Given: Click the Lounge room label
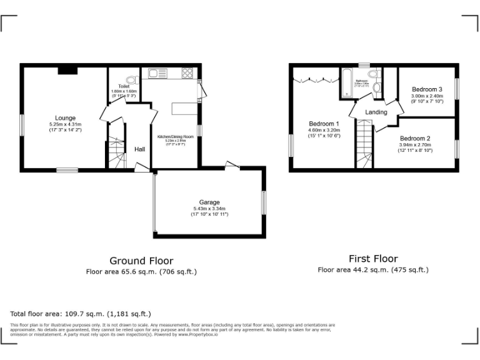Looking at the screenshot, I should coord(65,118).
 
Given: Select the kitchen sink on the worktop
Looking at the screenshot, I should coord(157,73).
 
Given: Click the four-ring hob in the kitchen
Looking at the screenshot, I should coord(187,73).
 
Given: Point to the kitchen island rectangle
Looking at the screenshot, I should coord(184,109).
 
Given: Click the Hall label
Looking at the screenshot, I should coord(140,149).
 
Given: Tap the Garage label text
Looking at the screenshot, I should coord(209,202).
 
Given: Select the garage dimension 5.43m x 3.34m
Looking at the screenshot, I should coord(209,209).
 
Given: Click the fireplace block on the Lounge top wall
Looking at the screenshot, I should coord(67,70).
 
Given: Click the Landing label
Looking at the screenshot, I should coord(376,112).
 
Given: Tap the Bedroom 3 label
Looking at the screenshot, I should coord(427,89).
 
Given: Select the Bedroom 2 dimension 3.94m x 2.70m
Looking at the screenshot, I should coord(416,145).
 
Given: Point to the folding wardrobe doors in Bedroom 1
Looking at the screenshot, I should coord(316,79).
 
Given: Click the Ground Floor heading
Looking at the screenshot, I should coord(141,261).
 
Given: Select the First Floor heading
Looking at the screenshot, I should coord(372,259).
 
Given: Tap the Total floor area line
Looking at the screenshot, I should coord(81,313).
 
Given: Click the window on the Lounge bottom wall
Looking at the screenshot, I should coord(66,170).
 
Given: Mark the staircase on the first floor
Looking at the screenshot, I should coord(364,144).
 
